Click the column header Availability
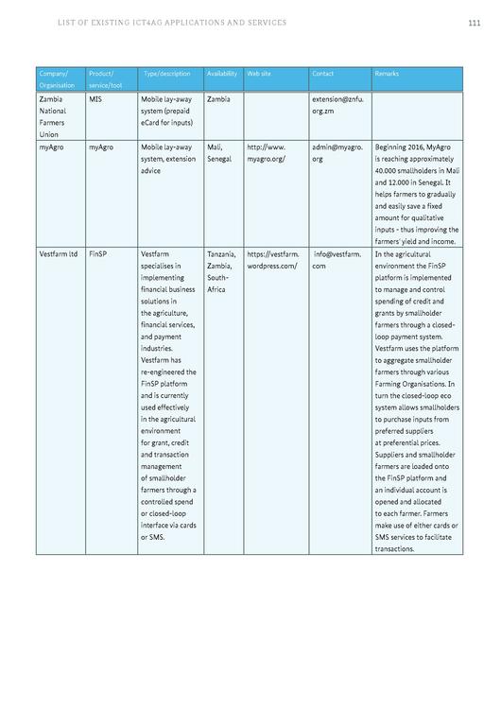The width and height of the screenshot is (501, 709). pos(222,74)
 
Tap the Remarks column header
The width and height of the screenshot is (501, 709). pos(387,74)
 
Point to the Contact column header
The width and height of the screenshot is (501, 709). pos(323,74)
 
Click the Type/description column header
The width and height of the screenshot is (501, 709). pos(167,74)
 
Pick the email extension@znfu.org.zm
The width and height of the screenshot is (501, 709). pos(337,104)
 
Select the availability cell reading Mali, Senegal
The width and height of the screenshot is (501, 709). pos(220,153)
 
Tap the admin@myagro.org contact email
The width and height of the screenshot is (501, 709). pos(337,153)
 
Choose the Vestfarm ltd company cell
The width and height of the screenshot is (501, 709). pos(59,254)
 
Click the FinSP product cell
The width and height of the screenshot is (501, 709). pos(98,254)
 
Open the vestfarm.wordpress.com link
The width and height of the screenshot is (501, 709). pos(273,260)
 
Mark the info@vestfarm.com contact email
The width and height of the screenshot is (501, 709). pos(337,260)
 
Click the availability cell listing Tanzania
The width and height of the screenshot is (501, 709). pos(223,254)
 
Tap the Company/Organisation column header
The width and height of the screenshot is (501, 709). pos(54,79)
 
